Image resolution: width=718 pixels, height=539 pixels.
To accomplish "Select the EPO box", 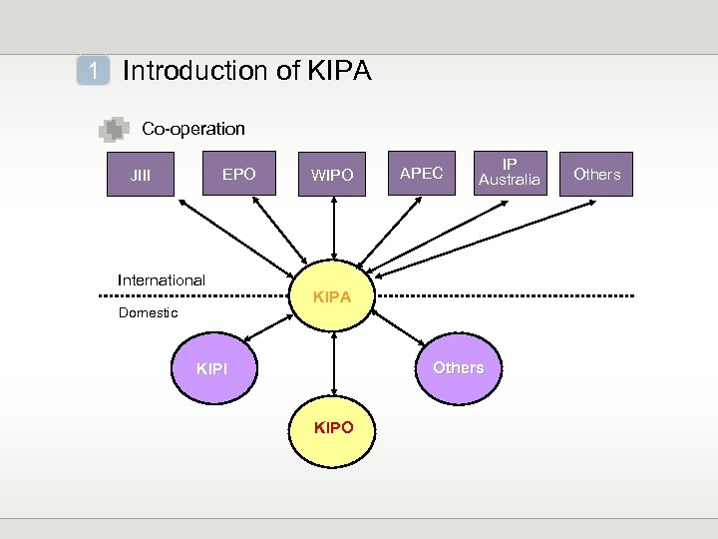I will (238, 175).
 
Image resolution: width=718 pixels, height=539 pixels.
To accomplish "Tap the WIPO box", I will (332, 175).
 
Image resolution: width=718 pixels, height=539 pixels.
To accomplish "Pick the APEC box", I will (421, 174).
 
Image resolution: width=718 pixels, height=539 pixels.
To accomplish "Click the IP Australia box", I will (510, 173).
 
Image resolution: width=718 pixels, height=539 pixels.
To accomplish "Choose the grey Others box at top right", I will (596, 174).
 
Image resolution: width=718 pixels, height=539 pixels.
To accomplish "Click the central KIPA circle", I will (333, 296).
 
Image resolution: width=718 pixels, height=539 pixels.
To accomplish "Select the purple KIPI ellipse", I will (212, 368).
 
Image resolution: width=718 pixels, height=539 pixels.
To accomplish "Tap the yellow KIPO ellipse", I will (333, 428).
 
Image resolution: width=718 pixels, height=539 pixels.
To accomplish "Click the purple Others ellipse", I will (458, 367).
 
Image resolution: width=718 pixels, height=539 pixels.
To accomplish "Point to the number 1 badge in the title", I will (94, 71).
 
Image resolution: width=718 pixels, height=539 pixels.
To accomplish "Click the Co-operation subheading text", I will (193, 129).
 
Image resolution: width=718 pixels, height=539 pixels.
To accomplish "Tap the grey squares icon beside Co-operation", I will (115, 129).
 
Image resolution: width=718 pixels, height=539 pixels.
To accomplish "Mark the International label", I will (162, 280).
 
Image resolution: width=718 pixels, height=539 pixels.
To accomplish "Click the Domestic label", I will (148, 313).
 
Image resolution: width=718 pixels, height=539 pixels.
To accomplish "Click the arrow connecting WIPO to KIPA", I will (334, 232).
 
